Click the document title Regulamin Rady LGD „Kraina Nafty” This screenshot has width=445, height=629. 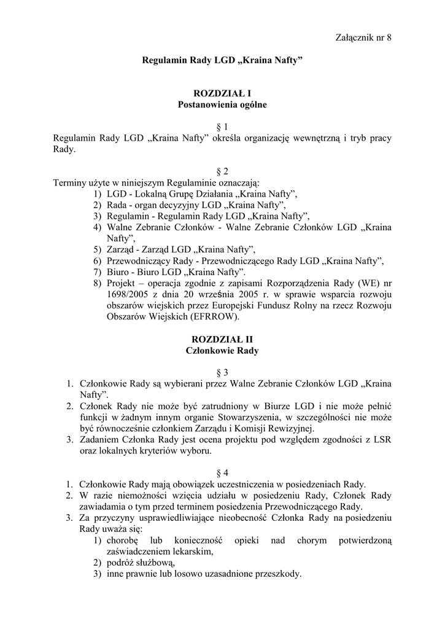point(222,61)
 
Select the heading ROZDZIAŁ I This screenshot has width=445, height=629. point(222,94)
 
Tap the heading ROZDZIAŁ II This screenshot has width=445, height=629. point(222,339)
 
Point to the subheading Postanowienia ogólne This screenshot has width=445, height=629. point(222,105)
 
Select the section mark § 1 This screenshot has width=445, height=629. point(222,127)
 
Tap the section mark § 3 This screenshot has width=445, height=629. point(222,373)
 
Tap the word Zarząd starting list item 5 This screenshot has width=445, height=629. point(121,249)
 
